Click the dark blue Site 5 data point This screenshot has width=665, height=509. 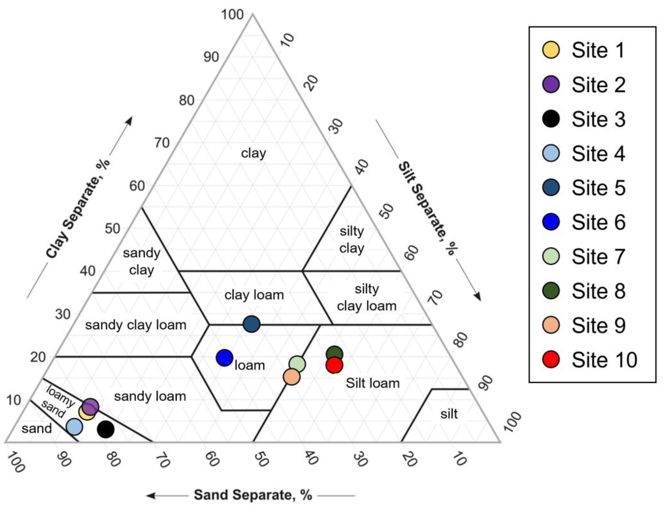[251, 324]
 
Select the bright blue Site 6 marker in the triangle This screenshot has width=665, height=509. [224, 358]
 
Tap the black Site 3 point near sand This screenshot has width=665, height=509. [106, 429]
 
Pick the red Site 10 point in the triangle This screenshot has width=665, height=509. [334, 365]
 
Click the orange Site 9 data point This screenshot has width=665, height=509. [291, 377]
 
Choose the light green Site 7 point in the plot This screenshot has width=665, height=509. [297, 364]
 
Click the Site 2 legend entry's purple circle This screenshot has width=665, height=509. [551, 84]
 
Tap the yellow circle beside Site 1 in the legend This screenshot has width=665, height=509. [551, 50]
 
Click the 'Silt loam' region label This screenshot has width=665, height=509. [373, 384]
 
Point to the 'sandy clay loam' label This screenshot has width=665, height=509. [136, 325]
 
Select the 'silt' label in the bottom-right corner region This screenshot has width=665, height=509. [449, 414]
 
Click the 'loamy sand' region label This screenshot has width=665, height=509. [58, 401]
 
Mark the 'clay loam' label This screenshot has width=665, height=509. [254, 295]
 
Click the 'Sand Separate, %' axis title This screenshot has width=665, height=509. [253, 495]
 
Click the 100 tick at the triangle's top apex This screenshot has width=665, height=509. [232, 14]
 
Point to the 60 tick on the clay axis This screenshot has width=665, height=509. [137, 186]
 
